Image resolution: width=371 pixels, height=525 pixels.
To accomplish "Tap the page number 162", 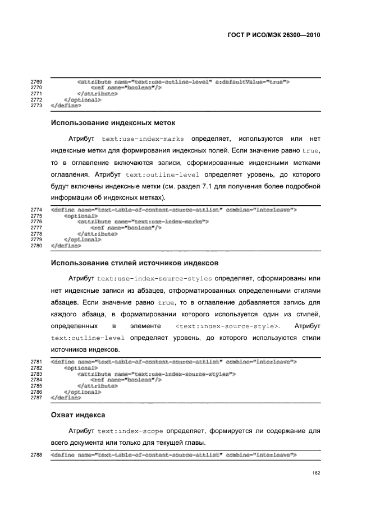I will tap(316, 472).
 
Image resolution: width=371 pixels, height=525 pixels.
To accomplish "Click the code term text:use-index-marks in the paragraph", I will tap(144, 139).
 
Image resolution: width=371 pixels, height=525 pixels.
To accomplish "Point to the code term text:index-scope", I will tap(130, 432).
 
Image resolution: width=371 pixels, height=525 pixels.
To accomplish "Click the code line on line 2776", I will tap(143, 222).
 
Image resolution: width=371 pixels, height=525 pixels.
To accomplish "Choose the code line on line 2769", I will tap(183, 82).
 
